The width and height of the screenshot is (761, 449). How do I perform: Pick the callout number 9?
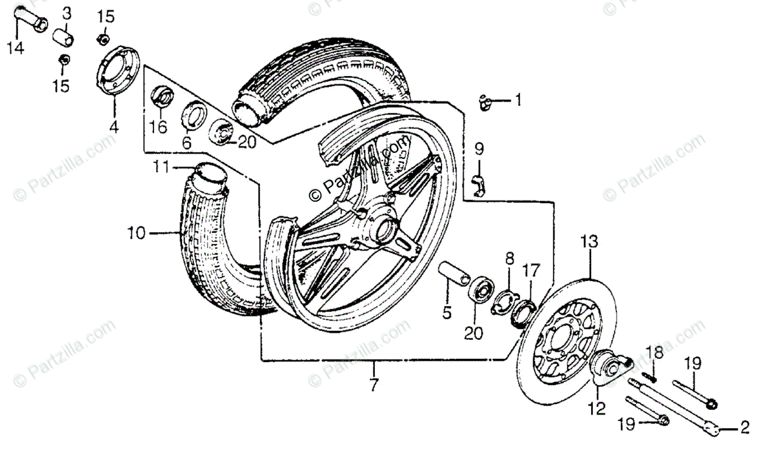pyautogui.click(x=479, y=150)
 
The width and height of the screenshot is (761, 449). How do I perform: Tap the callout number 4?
pyautogui.click(x=114, y=126)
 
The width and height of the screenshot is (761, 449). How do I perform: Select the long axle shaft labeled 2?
pyautogui.click(x=672, y=406)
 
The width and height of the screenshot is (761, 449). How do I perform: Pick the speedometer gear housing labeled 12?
pyautogui.click(x=610, y=366)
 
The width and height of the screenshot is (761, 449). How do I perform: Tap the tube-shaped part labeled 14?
pyautogui.click(x=32, y=19)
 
